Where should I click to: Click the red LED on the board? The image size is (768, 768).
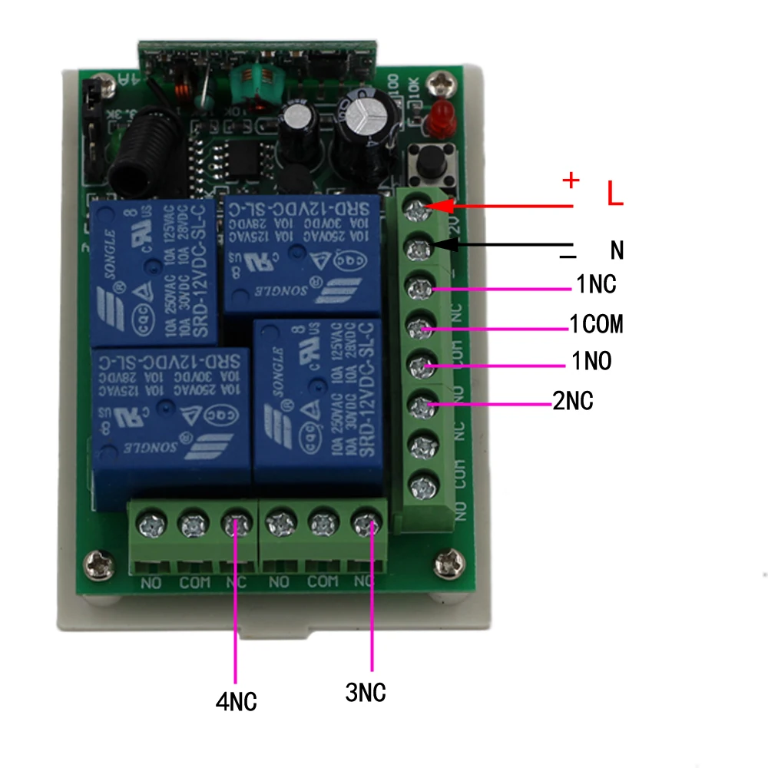440,117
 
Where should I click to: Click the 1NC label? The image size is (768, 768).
596,285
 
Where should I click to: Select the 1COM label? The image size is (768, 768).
596,325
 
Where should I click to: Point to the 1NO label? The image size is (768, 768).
591,361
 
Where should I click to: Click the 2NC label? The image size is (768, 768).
573,400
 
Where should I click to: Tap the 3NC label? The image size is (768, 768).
366,694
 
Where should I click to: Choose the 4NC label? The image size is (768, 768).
237,700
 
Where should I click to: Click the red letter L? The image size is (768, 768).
614,194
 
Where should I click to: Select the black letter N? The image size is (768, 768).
617,250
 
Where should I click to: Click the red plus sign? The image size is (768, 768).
571,180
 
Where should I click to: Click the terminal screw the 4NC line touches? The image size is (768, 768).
236,525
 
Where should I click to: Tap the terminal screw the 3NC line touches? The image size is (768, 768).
363,524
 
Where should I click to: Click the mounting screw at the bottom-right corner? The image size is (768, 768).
445,564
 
